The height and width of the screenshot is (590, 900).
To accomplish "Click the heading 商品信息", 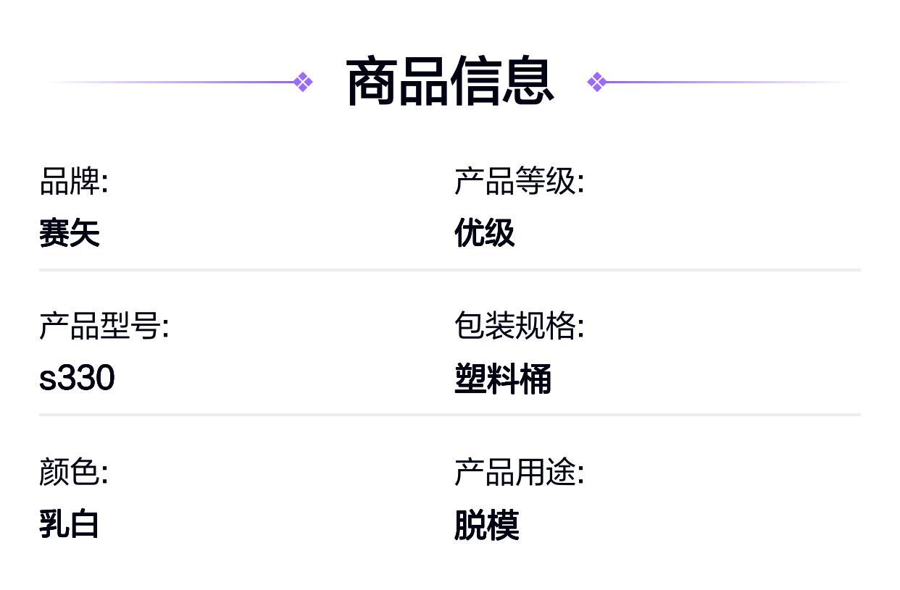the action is tap(450, 81).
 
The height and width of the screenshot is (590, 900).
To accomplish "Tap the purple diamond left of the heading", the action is tap(303, 82).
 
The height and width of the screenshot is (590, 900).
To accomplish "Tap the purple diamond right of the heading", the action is tap(597, 82).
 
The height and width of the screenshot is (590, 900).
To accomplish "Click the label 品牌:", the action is tap(74, 181).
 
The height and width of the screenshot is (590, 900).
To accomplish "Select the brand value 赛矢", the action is tap(70, 232).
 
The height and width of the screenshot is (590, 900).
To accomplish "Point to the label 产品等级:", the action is tap(519, 181).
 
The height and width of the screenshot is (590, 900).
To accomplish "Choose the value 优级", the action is tap(485, 232).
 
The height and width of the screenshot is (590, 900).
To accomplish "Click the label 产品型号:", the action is tap(104, 326).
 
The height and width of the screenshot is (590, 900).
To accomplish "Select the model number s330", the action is tap(77, 377).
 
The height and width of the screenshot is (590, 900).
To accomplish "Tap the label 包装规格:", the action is tap(519, 326).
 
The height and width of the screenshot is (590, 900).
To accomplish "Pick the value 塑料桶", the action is tap(503, 379).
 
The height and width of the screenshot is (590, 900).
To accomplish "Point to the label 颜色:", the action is tap(74, 471).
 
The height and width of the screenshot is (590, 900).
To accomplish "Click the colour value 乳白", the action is tap(69, 523).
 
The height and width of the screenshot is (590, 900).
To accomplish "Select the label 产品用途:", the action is tap(519, 471).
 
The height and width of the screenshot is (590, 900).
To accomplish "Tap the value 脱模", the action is tap(487, 525).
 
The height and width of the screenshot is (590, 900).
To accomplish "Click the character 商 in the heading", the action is tap(372, 81).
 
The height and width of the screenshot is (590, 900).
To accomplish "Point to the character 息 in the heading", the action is tap(528, 81).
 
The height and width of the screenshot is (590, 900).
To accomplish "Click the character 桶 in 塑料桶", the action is tap(536, 379).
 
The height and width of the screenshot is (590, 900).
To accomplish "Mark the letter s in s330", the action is tap(48, 379).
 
